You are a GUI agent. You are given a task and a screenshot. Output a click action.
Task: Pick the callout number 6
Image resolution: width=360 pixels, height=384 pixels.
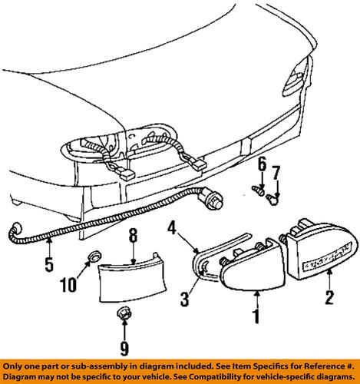(261, 164)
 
